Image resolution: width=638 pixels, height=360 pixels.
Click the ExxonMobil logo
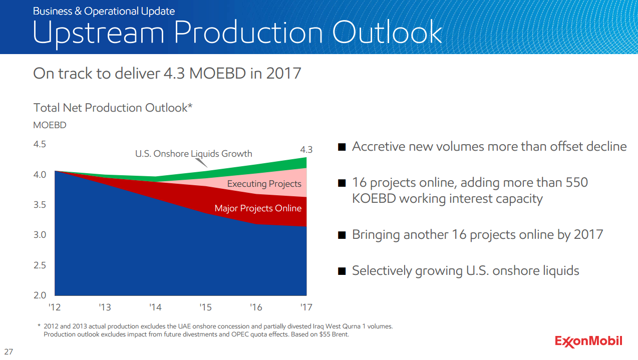click(588, 341)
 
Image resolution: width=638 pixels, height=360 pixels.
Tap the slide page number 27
click(9, 351)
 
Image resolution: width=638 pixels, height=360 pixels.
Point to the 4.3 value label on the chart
click(306, 149)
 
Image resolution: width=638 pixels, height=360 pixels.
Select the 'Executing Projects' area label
click(264, 184)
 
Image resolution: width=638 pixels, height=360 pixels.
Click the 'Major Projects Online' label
click(258, 208)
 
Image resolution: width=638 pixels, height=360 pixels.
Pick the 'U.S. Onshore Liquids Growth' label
click(193, 154)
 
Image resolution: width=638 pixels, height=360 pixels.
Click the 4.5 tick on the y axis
click(40, 144)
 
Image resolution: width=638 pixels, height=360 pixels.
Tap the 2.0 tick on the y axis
click(40, 295)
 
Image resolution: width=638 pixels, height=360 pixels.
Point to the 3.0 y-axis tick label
click(40, 235)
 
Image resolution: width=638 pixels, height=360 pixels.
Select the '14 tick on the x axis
click(155, 307)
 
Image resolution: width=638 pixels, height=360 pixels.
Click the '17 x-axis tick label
click(306, 307)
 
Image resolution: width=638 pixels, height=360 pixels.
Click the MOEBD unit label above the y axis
click(50, 125)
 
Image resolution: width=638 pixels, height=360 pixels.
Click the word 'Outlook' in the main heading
click(387, 33)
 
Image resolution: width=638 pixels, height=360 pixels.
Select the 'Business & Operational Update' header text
click(104, 11)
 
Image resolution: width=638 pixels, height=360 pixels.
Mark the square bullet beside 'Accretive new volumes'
click(342, 147)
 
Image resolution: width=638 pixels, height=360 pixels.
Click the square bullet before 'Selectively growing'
click(342, 271)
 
